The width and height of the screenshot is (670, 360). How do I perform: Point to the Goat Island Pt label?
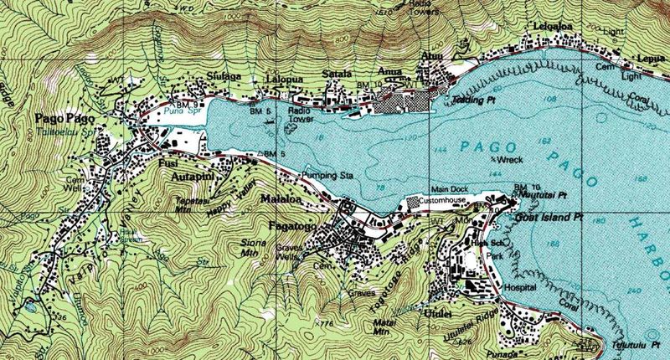(548, 217)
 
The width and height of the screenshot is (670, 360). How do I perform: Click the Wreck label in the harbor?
(507, 158)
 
